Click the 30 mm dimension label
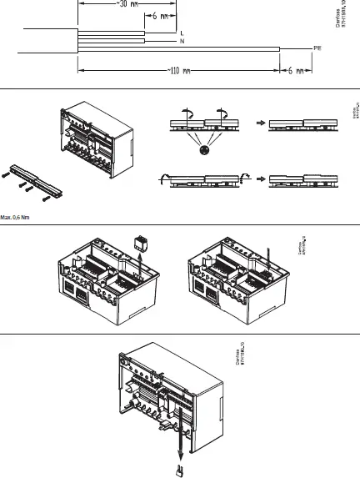[126, 3]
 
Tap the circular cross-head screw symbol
[203, 151]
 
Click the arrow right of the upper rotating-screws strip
[261, 123]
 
